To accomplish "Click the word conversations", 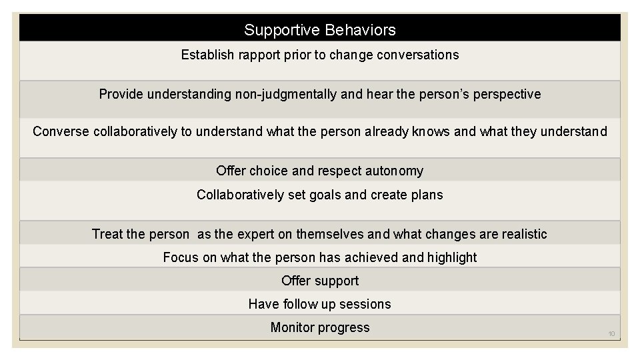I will [x=417, y=55].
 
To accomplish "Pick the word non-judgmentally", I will [x=285, y=94].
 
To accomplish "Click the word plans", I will [x=427, y=195].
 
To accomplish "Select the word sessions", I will [x=365, y=304].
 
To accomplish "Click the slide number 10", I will [x=611, y=333].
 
